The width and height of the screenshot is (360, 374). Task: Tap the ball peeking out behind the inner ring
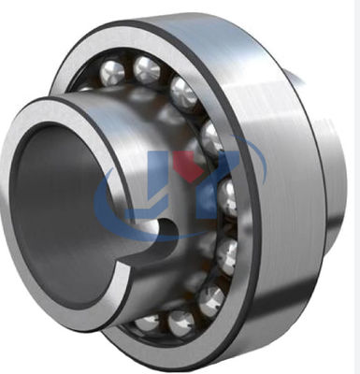click(85, 89)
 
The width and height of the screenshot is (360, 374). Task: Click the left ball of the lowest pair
click(149, 323)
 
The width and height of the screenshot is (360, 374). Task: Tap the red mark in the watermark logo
click(194, 166)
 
